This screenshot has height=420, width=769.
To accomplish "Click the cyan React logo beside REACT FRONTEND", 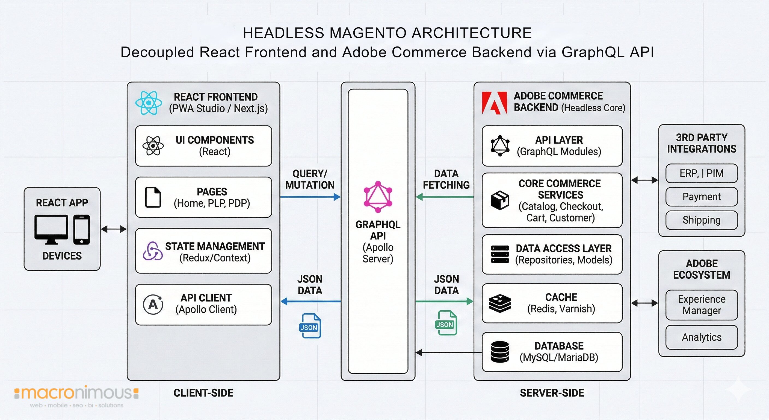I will tap(148, 103).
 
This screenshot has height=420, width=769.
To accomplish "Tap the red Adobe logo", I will tap(494, 103).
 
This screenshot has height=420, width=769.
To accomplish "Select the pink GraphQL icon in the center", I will tap(378, 197).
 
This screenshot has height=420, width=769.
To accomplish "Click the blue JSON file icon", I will tap(310, 326).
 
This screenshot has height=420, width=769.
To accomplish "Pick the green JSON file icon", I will tap(446, 323).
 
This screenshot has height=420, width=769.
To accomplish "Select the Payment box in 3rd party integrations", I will tap(701, 197).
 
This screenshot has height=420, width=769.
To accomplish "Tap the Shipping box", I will tap(701, 220).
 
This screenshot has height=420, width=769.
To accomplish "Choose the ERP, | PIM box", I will tap(701, 173).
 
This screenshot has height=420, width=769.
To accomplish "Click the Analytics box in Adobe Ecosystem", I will tap(701, 337).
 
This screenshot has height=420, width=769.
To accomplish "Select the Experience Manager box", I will tap(701, 305).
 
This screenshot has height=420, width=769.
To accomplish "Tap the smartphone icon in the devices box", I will tap(81, 229).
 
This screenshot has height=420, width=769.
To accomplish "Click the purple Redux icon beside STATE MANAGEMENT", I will tap(153, 251).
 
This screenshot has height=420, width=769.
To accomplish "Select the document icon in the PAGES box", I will tap(153, 197).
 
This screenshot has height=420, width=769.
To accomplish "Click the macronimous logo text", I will tap(76, 393).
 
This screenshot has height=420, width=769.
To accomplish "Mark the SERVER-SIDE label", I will tap(552, 393).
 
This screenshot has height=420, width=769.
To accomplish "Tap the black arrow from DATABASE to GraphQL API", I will tap(448, 353).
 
